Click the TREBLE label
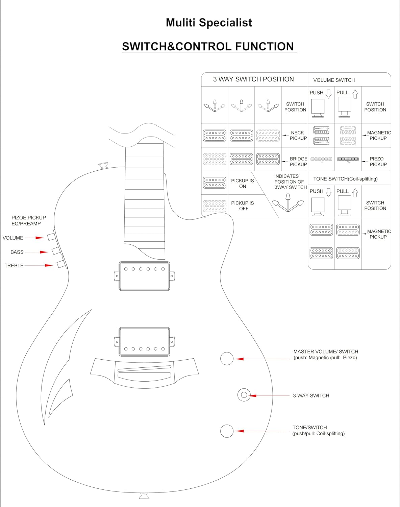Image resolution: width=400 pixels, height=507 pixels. click(14, 266)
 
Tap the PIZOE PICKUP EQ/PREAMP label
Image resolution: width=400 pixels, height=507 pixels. click(28, 220)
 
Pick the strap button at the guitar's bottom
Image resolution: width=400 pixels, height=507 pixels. click(144, 496)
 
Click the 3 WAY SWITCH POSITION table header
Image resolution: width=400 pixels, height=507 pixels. click(253, 79)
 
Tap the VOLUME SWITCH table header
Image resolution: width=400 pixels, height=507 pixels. click(334, 80)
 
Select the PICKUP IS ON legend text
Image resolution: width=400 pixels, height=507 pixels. click(243, 184)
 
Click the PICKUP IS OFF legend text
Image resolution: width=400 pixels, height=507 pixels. click(243, 206)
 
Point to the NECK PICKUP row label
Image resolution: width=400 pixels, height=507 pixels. click(298, 136)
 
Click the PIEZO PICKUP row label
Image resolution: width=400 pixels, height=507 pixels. click(378, 162)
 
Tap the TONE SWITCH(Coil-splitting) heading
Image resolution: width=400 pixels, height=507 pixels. click(345, 179)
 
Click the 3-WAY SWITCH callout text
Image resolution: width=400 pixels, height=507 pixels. click(311, 395)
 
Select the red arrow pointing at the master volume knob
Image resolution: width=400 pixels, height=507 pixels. click(262, 359)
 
